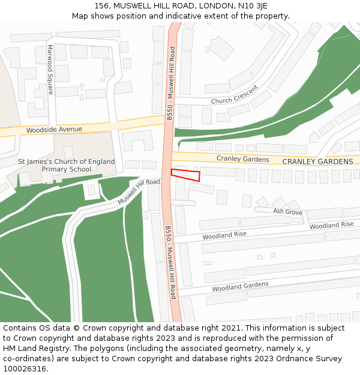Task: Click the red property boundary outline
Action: (x=185, y=175)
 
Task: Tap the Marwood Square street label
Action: (x=50, y=70)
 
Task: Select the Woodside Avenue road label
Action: (x=53, y=130)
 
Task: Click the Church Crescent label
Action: (x=234, y=95)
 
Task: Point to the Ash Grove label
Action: (x=287, y=212)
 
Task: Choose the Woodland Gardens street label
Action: (x=239, y=287)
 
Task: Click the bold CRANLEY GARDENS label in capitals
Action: (x=317, y=162)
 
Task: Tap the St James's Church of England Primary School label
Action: (x=66, y=166)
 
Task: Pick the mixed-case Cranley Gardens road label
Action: (x=242, y=159)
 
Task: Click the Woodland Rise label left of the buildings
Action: (x=224, y=236)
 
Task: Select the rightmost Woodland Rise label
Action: (x=331, y=225)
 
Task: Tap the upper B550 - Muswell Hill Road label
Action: (x=171, y=84)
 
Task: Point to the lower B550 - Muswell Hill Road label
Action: (x=170, y=262)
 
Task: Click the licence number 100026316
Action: (x=24, y=368)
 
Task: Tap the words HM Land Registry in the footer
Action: (x=32, y=348)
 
